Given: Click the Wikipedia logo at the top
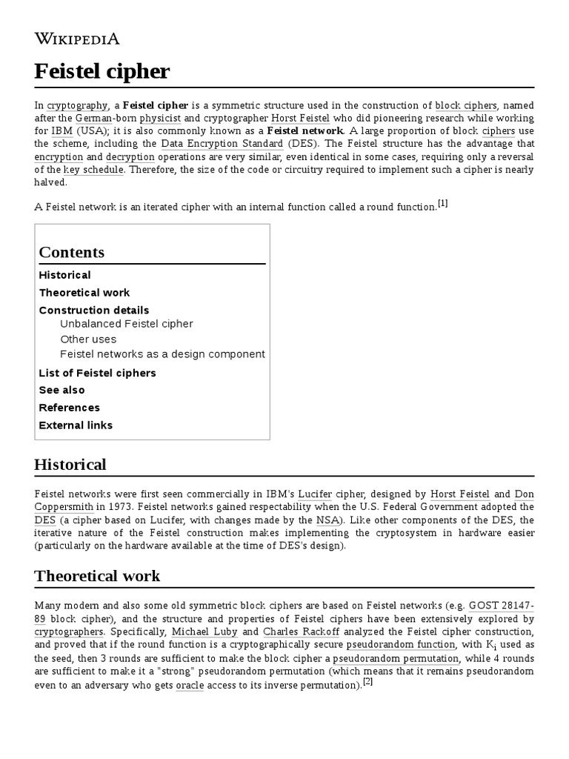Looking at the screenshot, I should click(77, 39).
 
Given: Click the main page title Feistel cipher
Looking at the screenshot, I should click(102, 71).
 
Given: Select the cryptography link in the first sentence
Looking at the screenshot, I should click(77, 105).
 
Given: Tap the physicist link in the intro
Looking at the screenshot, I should click(160, 118).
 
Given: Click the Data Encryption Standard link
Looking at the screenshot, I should click(222, 144).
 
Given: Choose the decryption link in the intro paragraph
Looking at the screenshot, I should click(130, 157).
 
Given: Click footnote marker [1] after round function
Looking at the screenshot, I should click(442, 204).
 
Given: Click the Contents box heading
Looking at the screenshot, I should click(71, 252).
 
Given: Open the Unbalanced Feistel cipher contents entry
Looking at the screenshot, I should click(126, 324).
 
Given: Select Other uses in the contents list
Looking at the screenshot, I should click(88, 339).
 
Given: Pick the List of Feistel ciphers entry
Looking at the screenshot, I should click(97, 373).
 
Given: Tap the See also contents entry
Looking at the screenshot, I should click(61, 390).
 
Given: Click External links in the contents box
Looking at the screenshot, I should click(76, 425).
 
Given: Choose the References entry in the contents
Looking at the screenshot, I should click(69, 408).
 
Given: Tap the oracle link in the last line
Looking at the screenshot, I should click(189, 685).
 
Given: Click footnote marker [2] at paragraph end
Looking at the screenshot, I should click(367, 683).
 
